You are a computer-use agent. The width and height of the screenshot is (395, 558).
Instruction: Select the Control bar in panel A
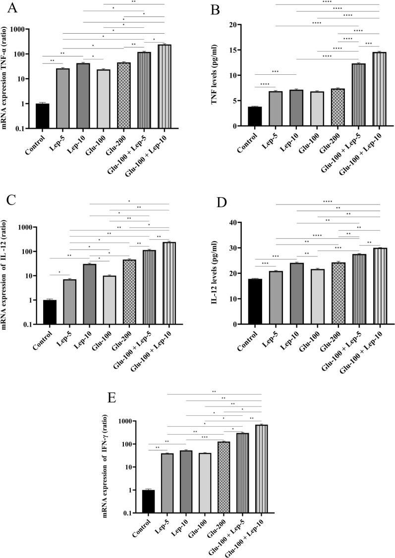tap(43, 116)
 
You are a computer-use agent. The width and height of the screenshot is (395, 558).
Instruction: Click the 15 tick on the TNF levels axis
tap(242, 50)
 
